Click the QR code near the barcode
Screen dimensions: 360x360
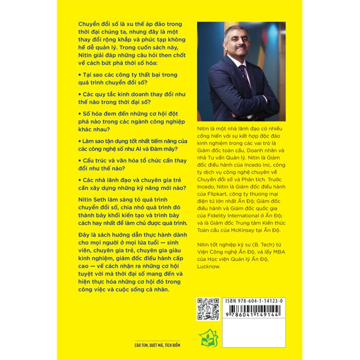(209, 309)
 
